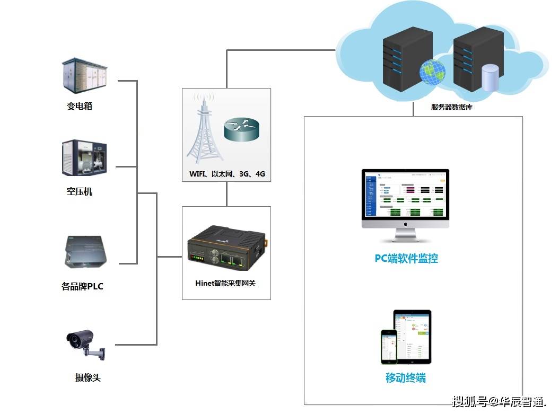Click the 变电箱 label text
tap(80, 106)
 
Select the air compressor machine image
tap(85, 158)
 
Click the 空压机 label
tap(80, 191)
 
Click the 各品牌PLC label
tap(82, 287)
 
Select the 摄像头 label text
tap(88, 378)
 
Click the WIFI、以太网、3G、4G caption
tap(227, 174)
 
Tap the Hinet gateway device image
tap(226, 249)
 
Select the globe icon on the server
tap(432, 72)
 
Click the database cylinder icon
tap(490, 77)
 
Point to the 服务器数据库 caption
tap(451, 107)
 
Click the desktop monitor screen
tap(405, 195)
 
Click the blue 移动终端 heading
tap(405, 378)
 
